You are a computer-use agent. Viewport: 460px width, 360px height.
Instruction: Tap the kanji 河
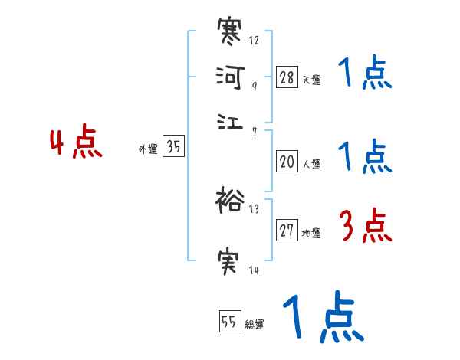231,78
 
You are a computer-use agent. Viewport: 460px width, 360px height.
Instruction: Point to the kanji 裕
231,200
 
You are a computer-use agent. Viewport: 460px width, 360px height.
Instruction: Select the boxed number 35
174,147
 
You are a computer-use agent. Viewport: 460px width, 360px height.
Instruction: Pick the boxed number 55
228,322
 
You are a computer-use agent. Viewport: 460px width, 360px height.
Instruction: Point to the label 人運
311,163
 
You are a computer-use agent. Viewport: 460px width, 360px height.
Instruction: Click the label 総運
254,325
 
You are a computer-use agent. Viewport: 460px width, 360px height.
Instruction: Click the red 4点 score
76,145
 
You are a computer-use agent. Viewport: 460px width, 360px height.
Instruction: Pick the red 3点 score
365,227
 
